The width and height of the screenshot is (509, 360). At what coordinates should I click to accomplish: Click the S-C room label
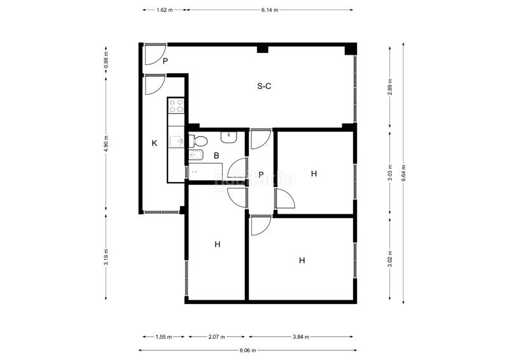[264, 86]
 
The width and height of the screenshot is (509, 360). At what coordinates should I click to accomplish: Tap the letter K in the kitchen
[155, 143]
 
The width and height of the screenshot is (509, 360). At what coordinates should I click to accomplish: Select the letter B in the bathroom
[216, 155]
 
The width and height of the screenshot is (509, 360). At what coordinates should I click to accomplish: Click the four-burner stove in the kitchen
[176, 106]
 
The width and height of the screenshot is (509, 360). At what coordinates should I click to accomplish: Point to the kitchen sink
[176, 141]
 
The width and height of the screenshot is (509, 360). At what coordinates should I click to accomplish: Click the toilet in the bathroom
[199, 141]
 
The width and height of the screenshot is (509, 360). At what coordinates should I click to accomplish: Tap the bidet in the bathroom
[196, 155]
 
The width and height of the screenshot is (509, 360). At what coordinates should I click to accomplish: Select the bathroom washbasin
[229, 137]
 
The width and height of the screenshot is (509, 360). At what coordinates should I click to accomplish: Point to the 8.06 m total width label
[248, 350]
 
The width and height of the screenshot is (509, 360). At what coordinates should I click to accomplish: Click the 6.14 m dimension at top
[270, 10]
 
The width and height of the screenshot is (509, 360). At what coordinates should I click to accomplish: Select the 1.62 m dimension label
[165, 10]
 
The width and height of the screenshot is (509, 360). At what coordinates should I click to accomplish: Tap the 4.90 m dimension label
[106, 143]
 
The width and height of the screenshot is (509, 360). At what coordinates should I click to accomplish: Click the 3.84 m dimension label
[301, 337]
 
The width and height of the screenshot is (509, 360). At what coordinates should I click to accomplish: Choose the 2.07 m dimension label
[216, 337]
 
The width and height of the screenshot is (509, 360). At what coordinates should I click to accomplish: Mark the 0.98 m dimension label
[106, 60]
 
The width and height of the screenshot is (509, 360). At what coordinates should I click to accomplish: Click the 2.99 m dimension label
[390, 87]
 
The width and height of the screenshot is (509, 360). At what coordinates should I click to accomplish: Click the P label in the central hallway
[261, 175]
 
